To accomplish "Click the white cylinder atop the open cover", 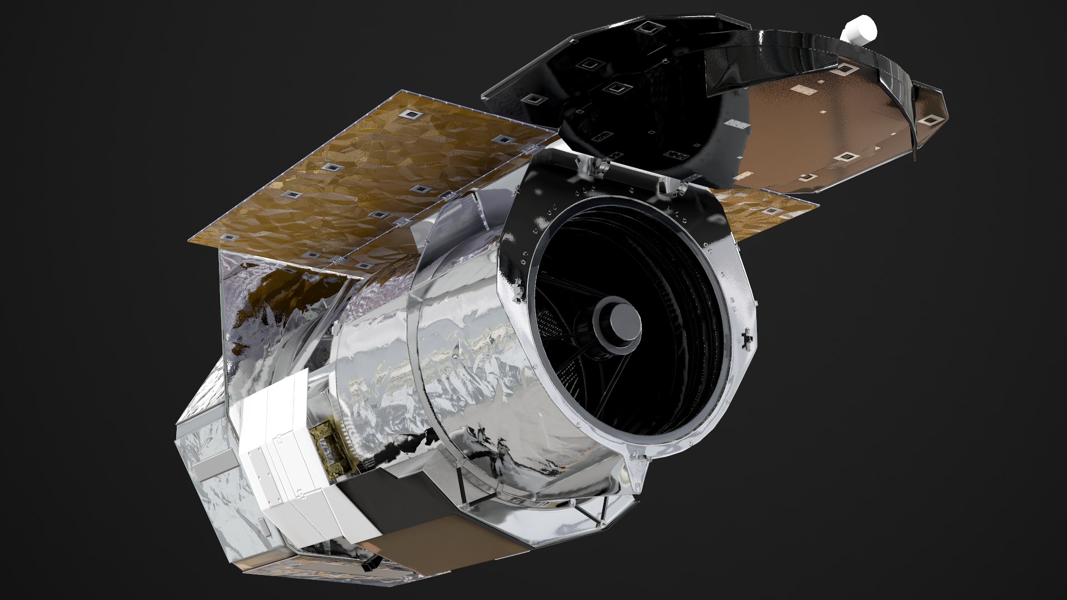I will [x=859, y=29].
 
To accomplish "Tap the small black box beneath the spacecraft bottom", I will [x=368, y=565].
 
